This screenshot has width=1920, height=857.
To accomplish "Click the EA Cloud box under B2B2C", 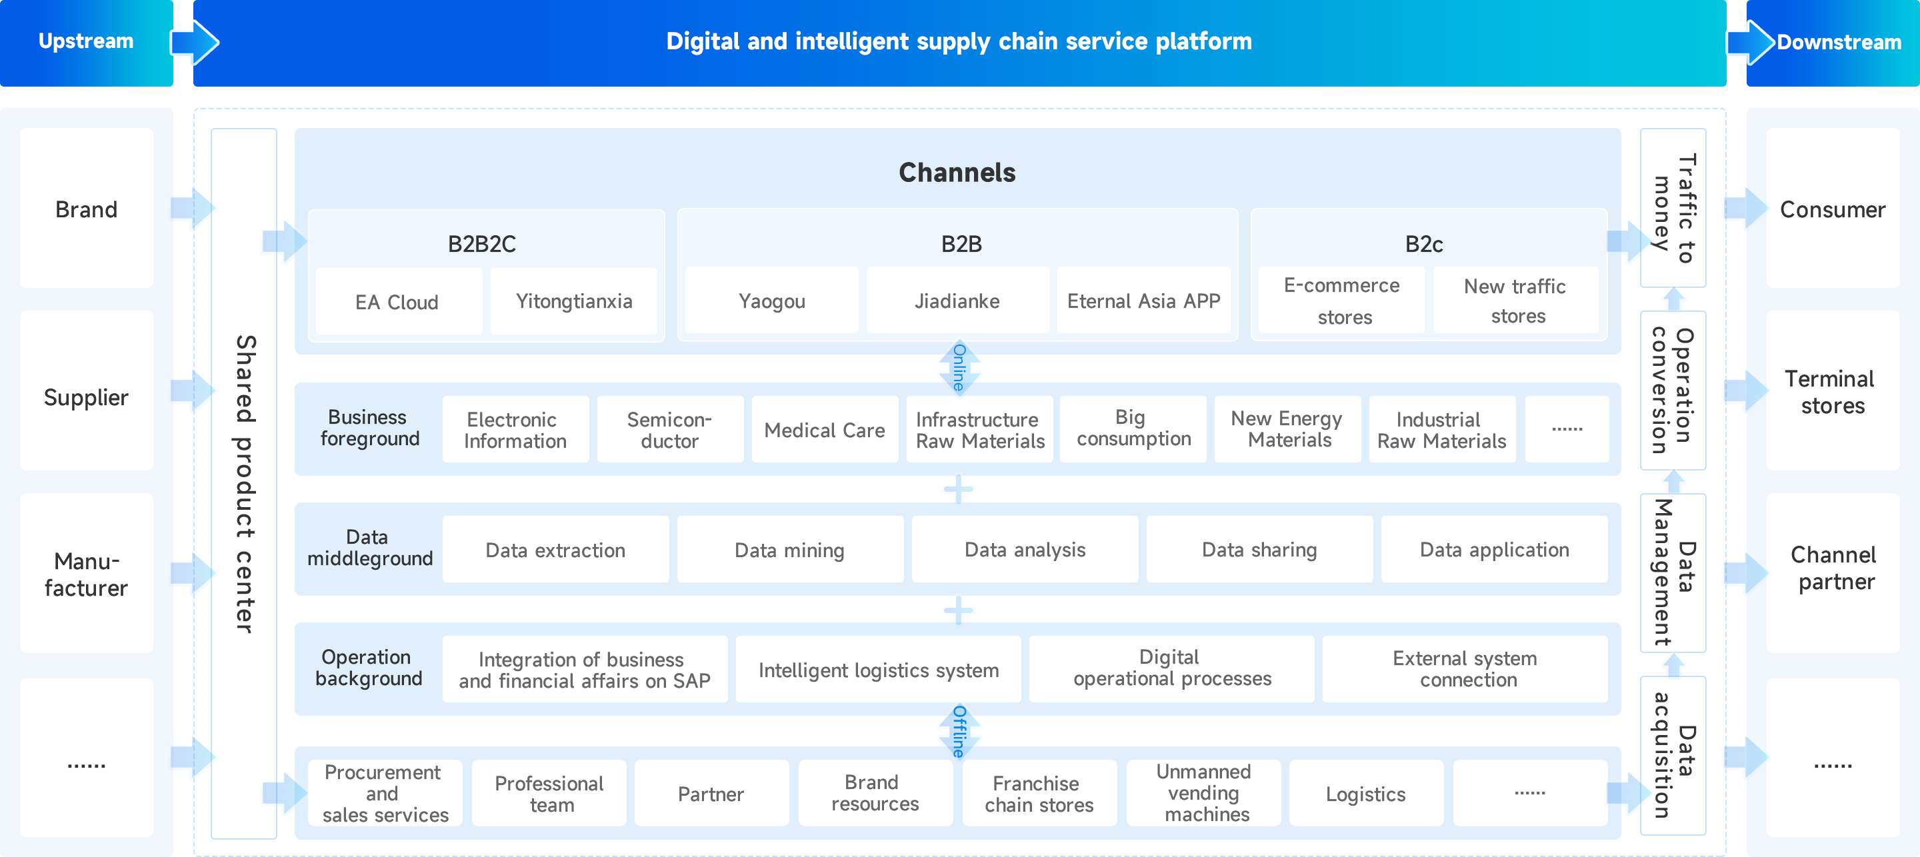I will tap(398, 302).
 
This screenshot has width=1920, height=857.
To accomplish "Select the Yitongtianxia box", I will tap(574, 301).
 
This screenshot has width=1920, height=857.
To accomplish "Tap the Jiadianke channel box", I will tap(957, 301).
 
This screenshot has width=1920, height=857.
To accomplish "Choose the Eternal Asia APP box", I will tap(1143, 301).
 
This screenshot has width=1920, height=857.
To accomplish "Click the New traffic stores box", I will tap(1515, 301).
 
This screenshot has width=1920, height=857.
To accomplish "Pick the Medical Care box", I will tap(825, 430).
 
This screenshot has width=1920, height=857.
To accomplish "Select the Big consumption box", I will tap(1133, 428).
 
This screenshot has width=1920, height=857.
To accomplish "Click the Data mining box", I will tap(789, 550).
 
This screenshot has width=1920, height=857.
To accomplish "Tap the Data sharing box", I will tap(1259, 550).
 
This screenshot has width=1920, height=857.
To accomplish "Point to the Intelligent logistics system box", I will tap(878, 670).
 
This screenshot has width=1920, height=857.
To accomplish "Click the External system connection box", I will tap(1465, 669).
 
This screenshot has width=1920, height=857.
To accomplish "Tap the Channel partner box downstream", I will tap(1833, 568).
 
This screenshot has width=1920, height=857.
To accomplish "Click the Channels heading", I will tap(957, 173).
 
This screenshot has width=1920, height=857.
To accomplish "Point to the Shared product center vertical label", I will tap(245, 484).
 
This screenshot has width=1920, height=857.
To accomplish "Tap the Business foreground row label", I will tap(369, 428).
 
